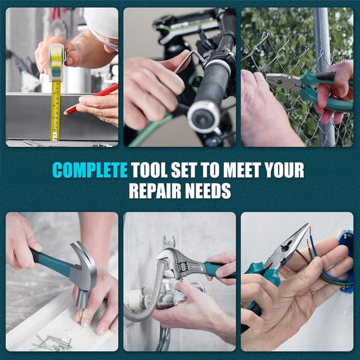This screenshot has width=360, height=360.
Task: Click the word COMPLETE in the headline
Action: pos(90,170)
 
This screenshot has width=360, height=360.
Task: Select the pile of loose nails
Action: pos(53,340)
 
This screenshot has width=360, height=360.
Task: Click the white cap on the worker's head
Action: pos(101,22)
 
